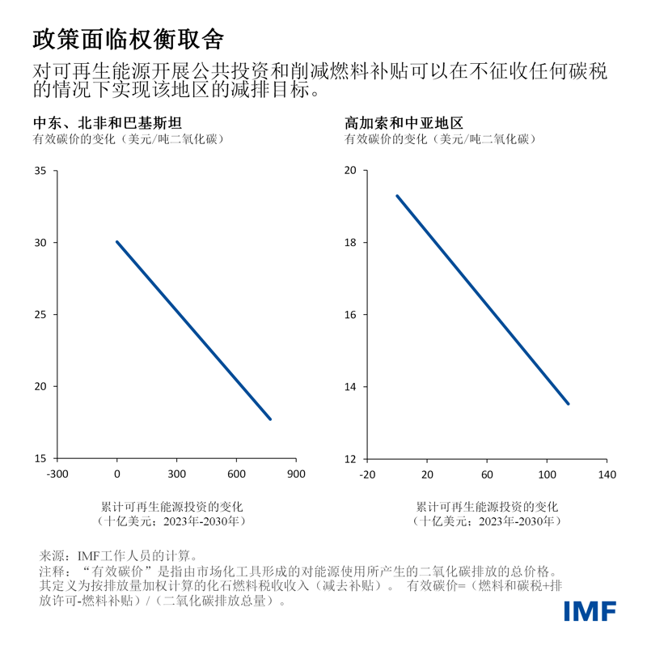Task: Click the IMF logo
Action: coord(590,611)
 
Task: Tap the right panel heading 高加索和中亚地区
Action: coord(404,124)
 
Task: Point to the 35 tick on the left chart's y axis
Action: coord(40,171)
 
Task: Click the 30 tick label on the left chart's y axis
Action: coord(40,243)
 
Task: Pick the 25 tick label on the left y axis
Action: coord(40,314)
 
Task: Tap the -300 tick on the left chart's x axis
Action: coord(57,474)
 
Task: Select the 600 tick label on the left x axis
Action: coord(236,474)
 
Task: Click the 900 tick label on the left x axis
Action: coord(296,474)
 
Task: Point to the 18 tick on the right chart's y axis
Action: coord(351,243)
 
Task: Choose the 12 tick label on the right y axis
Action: coord(351,458)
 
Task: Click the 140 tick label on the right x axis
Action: coord(607,474)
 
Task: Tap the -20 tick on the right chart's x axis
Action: coord(367,474)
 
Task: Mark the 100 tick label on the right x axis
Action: coord(547,474)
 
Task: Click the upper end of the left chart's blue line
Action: coord(117,242)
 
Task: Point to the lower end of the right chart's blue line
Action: coord(568,403)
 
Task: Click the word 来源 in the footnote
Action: coord(51,556)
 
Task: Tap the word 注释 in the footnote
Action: coord(51,571)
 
